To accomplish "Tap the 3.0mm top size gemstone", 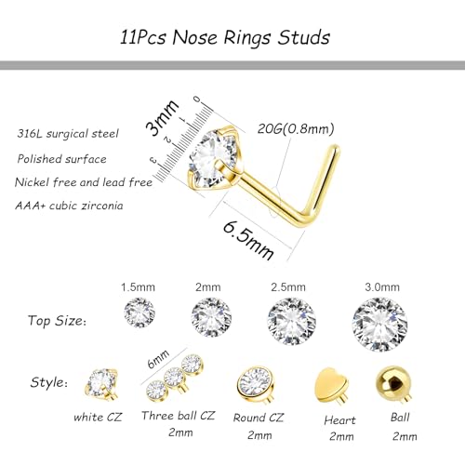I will pyautogui.click(x=379, y=322).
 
